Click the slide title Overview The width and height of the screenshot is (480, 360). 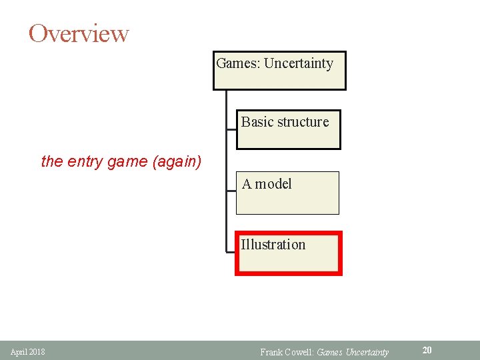[79, 33]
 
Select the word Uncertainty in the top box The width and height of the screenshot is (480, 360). [299, 64]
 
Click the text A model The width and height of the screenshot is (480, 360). [267, 184]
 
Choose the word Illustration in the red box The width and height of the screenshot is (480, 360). [273, 245]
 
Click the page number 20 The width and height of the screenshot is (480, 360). [427, 350]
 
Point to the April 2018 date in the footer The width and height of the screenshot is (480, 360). [28, 351]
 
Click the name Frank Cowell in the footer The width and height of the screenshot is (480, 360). [286, 351]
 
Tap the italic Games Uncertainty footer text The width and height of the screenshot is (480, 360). [353, 351]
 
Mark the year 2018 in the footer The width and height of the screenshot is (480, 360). [37, 351]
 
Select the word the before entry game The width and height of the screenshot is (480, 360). [51, 161]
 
